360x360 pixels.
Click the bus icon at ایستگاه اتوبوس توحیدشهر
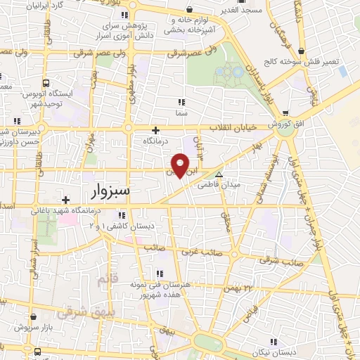coord(46,82)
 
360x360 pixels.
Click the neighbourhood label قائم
coord(103,280)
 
